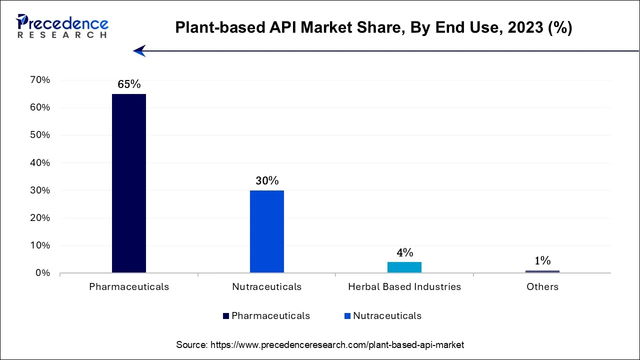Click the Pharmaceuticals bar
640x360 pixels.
129,183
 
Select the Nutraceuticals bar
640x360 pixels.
267,231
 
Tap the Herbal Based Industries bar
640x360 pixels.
404,267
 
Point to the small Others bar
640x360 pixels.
542,271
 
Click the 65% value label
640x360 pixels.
129,84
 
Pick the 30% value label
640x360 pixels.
267,181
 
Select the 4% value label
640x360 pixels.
404,252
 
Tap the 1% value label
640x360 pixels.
542,260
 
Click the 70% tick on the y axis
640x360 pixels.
40,80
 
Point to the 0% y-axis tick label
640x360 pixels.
42,273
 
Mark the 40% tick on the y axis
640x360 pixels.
40,163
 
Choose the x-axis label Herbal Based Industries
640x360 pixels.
404,287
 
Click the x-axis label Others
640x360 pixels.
542,287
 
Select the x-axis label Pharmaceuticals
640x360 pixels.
129,287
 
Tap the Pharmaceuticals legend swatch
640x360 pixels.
226,316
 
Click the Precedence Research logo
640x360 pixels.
62,26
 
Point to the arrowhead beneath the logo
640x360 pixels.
139,50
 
